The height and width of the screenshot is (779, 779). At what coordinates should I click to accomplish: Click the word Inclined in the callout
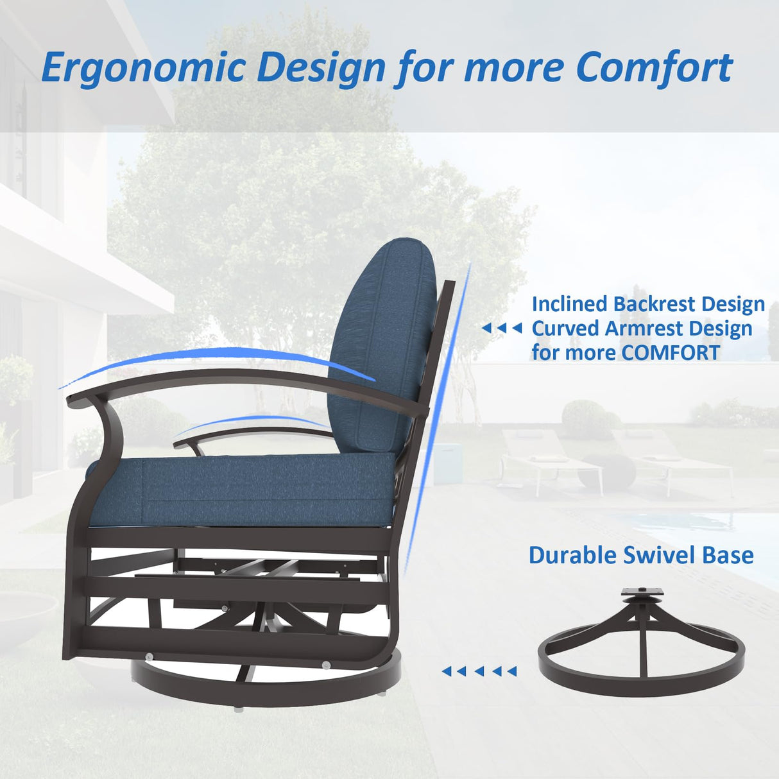pyautogui.click(x=569, y=304)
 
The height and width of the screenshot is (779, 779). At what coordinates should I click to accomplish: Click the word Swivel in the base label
pyautogui.click(x=660, y=555)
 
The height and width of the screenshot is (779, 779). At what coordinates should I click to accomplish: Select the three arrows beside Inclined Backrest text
pyautogui.click(x=501, y=329)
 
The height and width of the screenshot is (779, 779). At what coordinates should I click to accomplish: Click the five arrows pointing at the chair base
pyautogui.click(x=479, y=671)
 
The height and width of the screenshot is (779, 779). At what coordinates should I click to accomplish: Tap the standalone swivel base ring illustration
pyautogui.click(x=642, y=667)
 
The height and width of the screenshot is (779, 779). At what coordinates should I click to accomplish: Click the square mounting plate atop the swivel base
pyautogui.click(x=642, y=594)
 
